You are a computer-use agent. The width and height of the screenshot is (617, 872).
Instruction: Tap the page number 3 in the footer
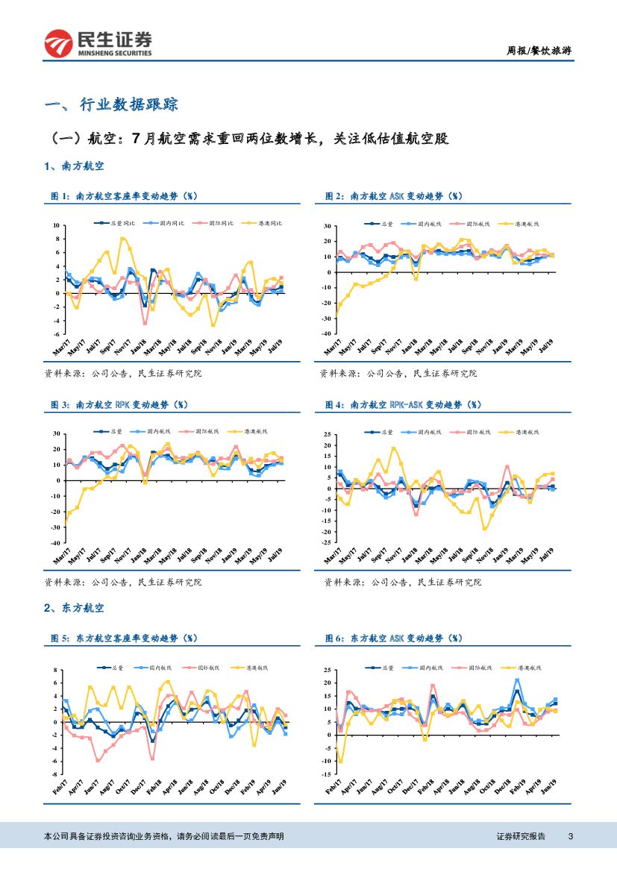pyautogui.click(x=570, y=837)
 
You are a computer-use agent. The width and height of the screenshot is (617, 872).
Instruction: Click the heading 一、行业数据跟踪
pyautogui.click(x=111, y=104)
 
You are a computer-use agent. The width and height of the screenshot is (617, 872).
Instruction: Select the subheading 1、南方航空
pyautogui.click(x=74, y=165)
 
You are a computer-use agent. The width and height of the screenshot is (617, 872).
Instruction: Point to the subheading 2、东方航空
pyautogui.click(x=74, y=609)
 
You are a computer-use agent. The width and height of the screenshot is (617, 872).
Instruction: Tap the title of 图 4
pyautogui.click(x=403, y=405)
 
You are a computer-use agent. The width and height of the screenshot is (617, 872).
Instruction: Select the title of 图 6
pyautogui.click(x=393, y=639)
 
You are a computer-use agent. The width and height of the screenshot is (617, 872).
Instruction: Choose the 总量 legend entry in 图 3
pyautogui.click(x=111, y=432)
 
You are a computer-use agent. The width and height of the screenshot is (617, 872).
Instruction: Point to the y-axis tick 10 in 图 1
pyautogui.click(x=55, y=225)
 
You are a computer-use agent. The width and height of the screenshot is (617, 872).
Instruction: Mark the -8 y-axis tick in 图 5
pyautogui.click(x=54, y=775)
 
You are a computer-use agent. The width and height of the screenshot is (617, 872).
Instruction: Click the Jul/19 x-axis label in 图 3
pyautogui.click(x=275, y=554)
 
